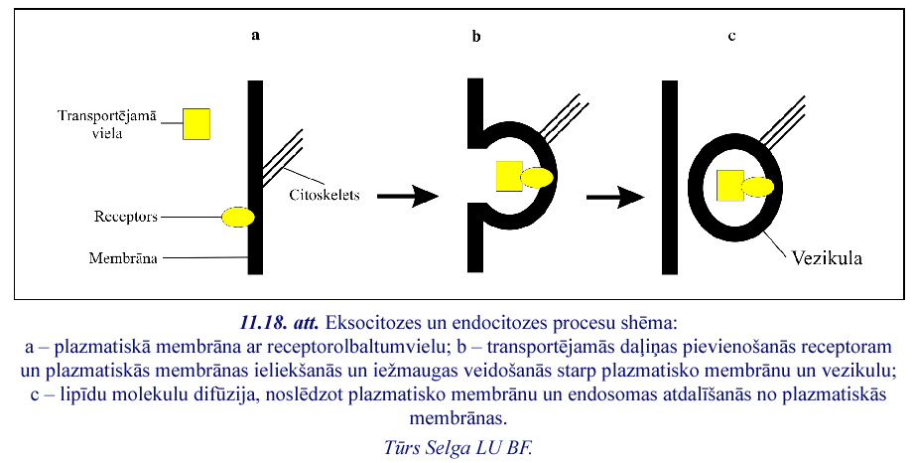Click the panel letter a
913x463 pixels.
tap(255, 36)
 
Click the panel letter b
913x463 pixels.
tap(475, 37)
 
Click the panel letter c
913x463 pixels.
tap(731, 36)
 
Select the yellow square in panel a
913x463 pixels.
tap(196, 123)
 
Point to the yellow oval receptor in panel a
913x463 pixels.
tap(237, 217)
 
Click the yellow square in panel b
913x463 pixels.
tap(509, 175)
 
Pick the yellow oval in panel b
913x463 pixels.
tap(537, 178)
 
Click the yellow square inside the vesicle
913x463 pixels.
tap(730, 184)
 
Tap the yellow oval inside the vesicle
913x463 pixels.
tap(756, 186)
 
